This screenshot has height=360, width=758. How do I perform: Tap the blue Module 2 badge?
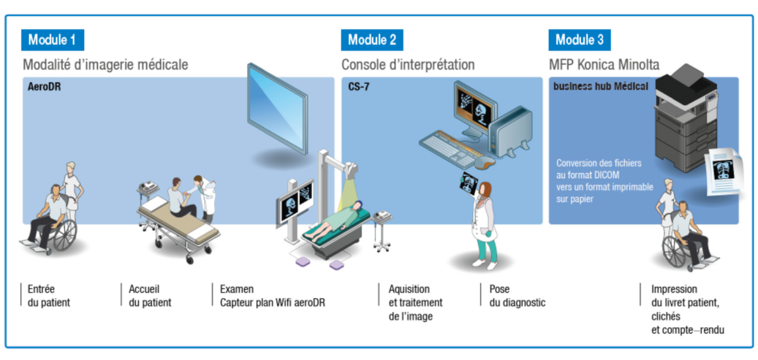[x=372, y=40]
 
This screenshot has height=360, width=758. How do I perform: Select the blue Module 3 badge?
[x=579, y=40]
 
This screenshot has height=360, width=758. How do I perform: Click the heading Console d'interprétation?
[x=408, y=64]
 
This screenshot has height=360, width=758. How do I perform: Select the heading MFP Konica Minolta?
[x=605, y=64]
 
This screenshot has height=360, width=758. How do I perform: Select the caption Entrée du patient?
[x=49, y=296]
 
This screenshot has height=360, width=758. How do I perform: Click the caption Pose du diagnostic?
[x=517, y=296]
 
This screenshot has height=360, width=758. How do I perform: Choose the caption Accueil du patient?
[x=150, y=296]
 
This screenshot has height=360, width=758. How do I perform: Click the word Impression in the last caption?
[x=675, y=290]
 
